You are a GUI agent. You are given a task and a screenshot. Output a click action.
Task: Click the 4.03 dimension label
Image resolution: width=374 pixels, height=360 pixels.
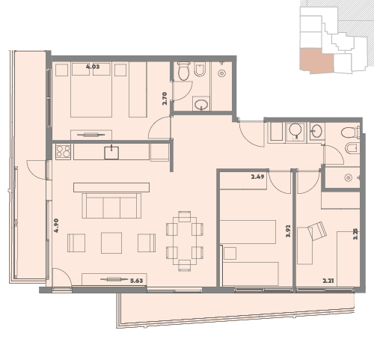click(93, 67)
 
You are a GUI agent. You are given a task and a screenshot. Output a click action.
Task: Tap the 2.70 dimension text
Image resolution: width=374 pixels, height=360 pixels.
click(165, 99)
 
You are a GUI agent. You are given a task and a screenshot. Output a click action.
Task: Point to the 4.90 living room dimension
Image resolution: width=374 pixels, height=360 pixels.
click(56, 225)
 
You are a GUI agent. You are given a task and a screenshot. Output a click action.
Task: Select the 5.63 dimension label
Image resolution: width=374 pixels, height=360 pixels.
click(137, 281)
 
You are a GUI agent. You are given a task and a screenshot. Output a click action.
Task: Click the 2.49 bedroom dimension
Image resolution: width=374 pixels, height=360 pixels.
click(257, 177)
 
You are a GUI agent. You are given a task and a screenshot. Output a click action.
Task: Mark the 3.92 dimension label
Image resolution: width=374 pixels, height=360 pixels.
click(289, 231)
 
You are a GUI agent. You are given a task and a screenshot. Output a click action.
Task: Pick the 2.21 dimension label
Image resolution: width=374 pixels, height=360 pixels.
click(328, 281)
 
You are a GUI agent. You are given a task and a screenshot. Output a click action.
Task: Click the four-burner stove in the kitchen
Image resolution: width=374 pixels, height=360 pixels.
click(63, 152)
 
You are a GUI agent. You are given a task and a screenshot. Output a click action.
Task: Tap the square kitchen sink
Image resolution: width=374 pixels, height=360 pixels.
click(111, 153)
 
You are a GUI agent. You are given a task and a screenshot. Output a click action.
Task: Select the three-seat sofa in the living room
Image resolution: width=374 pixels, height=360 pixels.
click(111, 206)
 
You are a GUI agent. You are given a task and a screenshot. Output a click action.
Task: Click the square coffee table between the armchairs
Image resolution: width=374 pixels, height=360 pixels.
click(111, 242)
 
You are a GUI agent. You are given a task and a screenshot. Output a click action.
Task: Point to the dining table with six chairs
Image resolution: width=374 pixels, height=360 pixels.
click(185, 241)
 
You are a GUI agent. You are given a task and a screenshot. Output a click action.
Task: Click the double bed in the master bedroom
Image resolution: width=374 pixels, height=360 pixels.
click(91, 90)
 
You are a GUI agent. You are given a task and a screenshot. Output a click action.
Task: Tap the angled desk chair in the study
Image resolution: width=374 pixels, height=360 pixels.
click(317, 231)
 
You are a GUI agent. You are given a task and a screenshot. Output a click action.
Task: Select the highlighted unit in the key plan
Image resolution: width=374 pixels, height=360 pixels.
click(316, 61)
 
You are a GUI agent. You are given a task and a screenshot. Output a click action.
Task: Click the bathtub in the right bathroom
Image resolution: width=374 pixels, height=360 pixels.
click(276, 132)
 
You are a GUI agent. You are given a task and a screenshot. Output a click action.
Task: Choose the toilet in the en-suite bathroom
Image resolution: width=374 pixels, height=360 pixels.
click(184, 71)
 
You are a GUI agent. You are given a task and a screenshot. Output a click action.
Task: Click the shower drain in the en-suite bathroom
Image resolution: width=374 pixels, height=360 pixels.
click(221, 73)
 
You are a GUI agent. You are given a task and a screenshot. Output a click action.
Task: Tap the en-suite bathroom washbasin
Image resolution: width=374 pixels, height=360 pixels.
click(201, 104)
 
